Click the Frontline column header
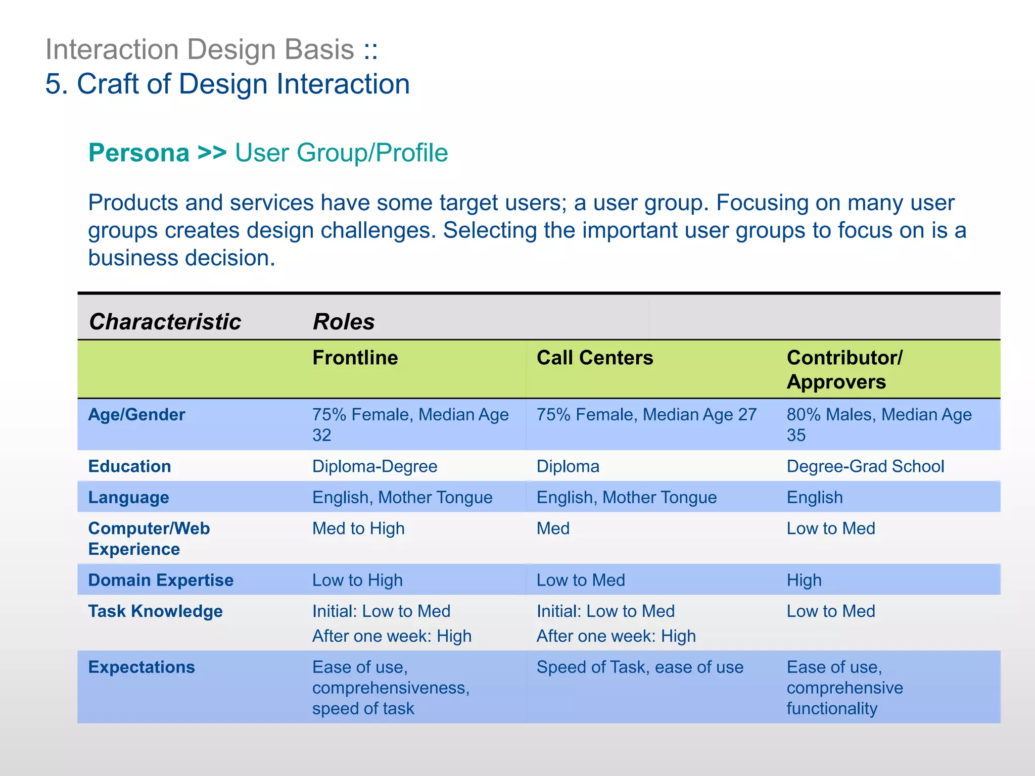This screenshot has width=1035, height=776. (355, 358)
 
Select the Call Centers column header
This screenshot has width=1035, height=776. (594, 358)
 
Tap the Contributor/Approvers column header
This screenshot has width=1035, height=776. (844, 369)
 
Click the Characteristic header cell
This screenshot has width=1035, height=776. (165, 322)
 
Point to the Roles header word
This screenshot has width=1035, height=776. (344, 322)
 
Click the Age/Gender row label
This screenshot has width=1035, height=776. (136, 415)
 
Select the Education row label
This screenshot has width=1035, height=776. (129, 466)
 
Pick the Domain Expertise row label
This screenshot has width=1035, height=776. (161, 580)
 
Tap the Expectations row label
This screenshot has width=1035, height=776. (142, 667)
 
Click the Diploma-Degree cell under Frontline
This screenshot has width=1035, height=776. (374, 466)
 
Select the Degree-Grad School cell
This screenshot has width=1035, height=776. (865, 466)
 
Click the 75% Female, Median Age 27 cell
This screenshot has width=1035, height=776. (646, 415)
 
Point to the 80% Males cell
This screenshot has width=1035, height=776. (878, 424)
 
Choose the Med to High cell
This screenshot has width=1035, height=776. (358, 528)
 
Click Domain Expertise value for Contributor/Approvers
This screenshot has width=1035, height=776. (804, 580)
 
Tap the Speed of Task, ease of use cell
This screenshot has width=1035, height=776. (639, 667)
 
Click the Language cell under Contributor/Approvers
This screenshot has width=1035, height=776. (814, 498)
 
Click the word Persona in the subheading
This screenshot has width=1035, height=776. (139, 153)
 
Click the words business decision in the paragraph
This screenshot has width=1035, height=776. (181, 258)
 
